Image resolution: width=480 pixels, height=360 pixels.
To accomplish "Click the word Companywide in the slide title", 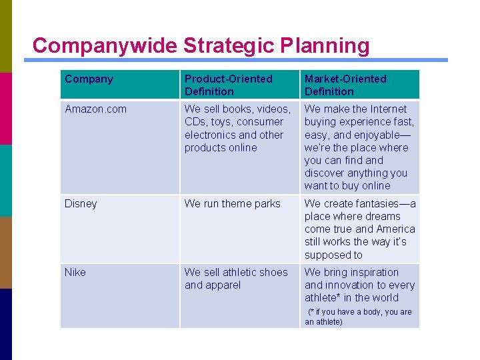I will pos(105,45).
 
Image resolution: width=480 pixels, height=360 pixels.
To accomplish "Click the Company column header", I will pos(89,79).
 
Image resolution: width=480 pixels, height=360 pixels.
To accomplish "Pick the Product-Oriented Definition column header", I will pos(229,85).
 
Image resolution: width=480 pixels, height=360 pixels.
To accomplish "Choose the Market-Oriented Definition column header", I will pos(345,85).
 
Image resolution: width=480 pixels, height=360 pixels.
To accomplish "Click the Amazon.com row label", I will pos(95,109).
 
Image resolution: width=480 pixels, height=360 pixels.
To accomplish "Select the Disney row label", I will pos(81,203).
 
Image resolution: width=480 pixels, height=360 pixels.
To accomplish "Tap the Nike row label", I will pos(75,272).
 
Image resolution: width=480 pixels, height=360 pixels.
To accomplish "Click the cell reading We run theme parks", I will pos(233,203).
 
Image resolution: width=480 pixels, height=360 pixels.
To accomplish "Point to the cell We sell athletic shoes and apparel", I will pos(236,278).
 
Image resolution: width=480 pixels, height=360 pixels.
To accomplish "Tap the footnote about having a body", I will pos(359,317).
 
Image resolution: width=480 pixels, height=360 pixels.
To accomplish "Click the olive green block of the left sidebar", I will pos(6,36).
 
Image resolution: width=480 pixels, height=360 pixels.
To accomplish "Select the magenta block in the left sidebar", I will pos(6,108).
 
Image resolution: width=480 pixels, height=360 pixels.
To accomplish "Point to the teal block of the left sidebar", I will pos(6,180).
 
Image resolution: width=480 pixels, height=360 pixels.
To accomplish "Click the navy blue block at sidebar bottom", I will pos(6,324).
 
